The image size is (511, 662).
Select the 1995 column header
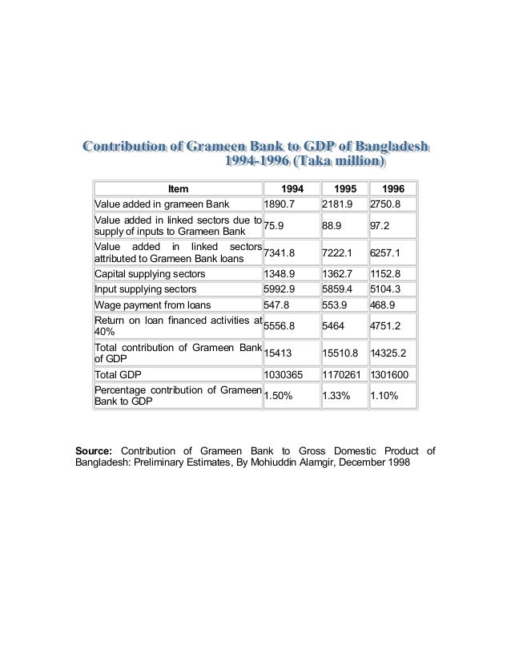pos(343,189)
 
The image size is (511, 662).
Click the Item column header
pos(178,189)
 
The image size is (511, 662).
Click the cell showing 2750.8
pos(386,204)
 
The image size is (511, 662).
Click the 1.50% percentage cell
pos(277,395)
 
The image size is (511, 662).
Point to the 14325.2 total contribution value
pos(388,351)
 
